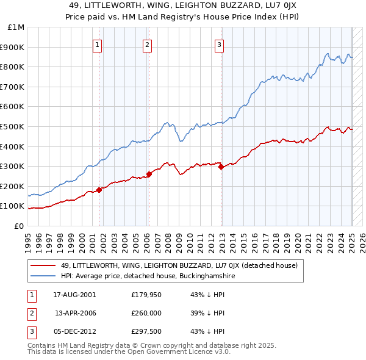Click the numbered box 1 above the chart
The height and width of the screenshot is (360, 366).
point(98,44)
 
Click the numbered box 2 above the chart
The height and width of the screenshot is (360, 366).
point(148,44)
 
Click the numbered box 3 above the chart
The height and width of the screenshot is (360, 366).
point(219,44)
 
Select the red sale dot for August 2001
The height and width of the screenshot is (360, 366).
point(99,190)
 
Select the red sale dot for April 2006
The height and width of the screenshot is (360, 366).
point(149,175)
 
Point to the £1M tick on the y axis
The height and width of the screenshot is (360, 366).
point(16,27)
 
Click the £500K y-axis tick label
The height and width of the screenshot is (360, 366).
point(13,126)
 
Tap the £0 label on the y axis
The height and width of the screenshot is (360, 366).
point(19,226)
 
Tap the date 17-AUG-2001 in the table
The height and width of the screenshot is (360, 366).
point(74,295)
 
